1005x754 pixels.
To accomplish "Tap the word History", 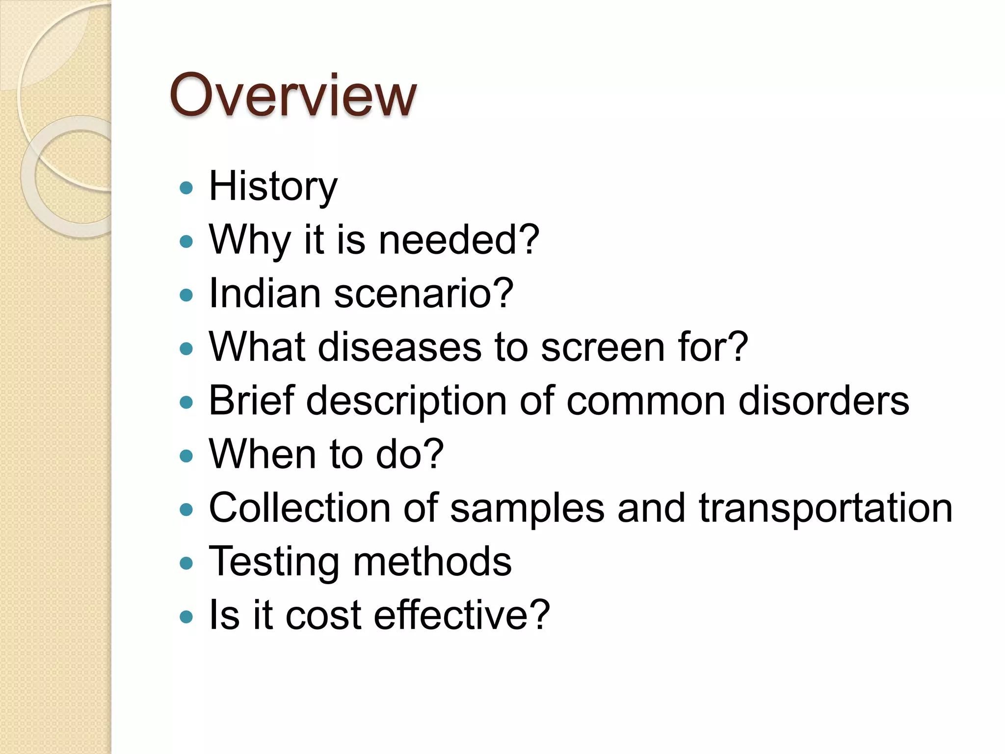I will pos(273,187).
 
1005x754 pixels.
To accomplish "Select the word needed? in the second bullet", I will pos(459,240).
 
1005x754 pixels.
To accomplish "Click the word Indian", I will pos(264,294).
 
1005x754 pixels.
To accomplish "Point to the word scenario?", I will pos(423,294).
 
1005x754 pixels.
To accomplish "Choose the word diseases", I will pos(399,347).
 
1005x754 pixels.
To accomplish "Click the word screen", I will pos(603,347).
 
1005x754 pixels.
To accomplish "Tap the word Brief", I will pos(251,401).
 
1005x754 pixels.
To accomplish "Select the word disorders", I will pos(823,401).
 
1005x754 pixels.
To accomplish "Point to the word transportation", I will pos(825,509).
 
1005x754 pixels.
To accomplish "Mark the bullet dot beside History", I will pos(186,188).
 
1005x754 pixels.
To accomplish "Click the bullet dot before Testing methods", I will pos(186,563).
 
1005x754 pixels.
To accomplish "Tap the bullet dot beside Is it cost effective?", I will pos(186,617).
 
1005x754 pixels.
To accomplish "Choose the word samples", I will pos(527,509).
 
